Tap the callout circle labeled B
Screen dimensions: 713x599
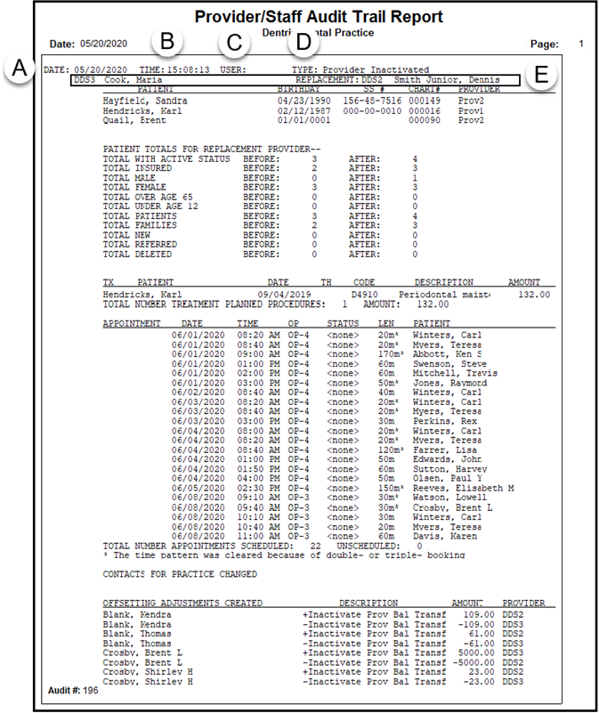167,41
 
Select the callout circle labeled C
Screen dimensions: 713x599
234,41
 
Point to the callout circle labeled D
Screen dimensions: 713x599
304,41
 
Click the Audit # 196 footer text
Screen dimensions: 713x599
71,690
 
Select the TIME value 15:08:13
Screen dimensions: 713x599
187,69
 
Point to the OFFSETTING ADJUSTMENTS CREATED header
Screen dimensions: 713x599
182,603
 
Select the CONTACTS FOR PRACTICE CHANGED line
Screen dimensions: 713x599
180,574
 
